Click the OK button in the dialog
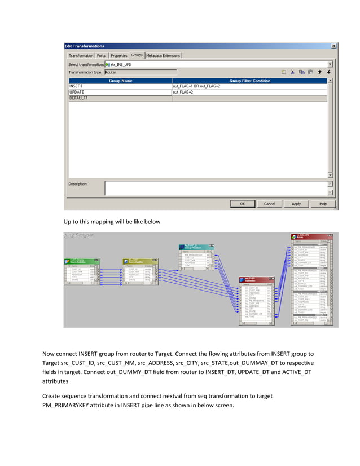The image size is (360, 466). pyautogui.click(x=243, y=204)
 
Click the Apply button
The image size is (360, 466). pyautogui.click(x=296, y=204)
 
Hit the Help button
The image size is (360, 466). pyautogui.click(x=323, y=204)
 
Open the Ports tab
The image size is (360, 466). pyautogui.click(x=102, y=55)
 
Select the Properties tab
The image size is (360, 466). pyautogui.click(x=119, y=55)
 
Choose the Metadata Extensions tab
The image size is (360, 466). pyautogui.click(x=164, y=55)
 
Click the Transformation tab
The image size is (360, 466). pyautogui.click(x=81, y=55)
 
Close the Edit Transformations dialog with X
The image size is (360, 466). pyautogui.click(x=333, y=46)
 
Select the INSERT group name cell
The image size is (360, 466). pyautogui.click(x=119, y=86)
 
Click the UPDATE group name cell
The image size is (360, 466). pyautogui.click(x=119, y=92)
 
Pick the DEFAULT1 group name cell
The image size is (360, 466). pyautogui.click(x=119, y=98)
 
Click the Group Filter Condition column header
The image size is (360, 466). pyautogui.click(x=249, y=81)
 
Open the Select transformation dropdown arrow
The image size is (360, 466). pyautogui.click(x=330, y=64)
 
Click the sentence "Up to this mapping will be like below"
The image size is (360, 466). pyautogui.click(x=112, y=222)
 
